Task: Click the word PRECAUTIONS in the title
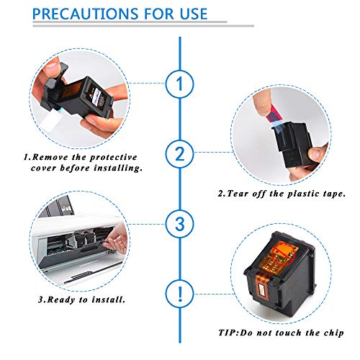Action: pos(86,14)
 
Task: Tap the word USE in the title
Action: pos(194,14)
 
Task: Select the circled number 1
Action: pos(179,84)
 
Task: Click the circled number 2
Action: pos(179,154)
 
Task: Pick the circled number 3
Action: pos(179,224)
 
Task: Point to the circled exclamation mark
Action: pos(179,294)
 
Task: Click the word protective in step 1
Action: pos(114,158)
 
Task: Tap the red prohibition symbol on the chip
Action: pos(284,254)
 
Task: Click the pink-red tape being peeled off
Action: pos(274,114)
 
